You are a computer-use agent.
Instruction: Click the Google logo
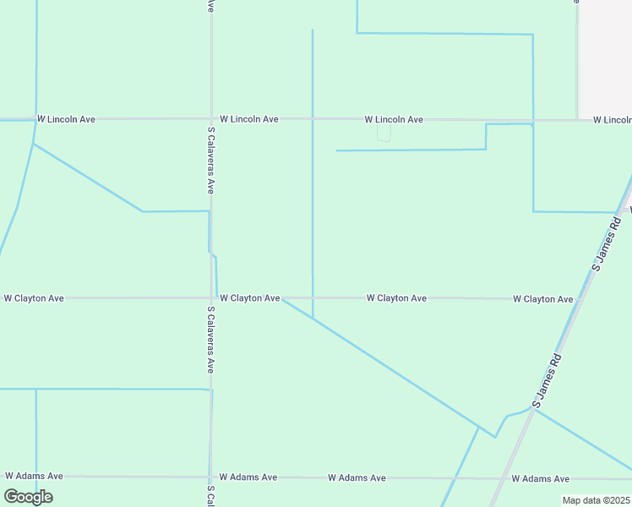(28, 497)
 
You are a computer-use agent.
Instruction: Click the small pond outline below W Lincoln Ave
(384, 134)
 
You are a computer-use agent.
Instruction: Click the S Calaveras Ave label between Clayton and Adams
(210, 340)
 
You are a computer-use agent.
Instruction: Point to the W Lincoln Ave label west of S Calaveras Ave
(66, 119)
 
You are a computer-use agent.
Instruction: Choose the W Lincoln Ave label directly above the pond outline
(394, 120)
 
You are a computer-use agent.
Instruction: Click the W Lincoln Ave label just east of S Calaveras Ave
(248, 119)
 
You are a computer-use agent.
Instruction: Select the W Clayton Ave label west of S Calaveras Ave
(34, 298)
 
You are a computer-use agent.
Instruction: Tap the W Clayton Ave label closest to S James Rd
(543, 299)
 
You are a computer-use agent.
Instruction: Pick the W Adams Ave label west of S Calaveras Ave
(34, 477)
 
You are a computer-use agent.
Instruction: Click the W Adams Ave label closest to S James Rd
(540, 478)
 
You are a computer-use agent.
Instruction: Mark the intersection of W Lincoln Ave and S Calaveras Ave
(210, 119)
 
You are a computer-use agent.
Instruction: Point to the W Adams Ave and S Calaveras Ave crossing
(210, 477)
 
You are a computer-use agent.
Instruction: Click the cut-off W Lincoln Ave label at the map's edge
(612, 120)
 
